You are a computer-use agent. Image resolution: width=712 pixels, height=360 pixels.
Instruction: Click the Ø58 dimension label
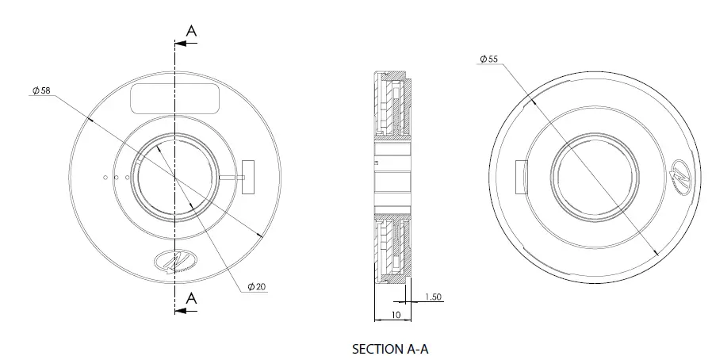42,91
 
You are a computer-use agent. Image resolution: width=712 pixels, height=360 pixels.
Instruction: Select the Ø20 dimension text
256,286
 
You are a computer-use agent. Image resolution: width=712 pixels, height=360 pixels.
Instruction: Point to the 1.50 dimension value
433,297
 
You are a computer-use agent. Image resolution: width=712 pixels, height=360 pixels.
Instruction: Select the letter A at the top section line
192,30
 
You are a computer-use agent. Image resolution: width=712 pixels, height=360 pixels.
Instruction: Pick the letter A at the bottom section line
192,297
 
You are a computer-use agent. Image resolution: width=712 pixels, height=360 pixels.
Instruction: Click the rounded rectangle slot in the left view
174,99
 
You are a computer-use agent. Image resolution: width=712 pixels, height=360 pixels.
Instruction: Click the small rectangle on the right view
522,176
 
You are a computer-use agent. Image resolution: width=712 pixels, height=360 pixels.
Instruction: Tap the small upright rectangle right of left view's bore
248,176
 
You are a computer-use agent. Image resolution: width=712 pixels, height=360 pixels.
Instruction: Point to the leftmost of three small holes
105,177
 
